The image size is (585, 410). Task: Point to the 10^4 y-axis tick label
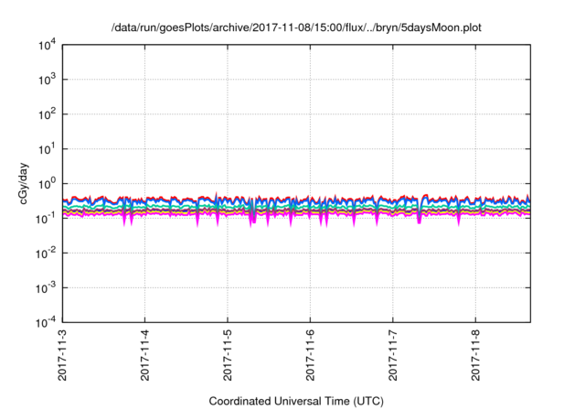click(x=47, y=45)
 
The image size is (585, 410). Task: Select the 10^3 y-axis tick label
click(x=47, y=80)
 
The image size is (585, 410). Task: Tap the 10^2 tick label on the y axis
click(x=47, y=114)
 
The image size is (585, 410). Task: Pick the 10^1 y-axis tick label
click(x=47, y=149)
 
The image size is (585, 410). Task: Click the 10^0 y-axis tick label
click(x=47, y=183)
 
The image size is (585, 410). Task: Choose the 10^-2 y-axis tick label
click(x=46, y=253)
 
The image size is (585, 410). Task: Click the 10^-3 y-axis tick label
click(x=46, y=287)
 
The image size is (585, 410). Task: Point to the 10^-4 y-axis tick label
click(x=46, y=322)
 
